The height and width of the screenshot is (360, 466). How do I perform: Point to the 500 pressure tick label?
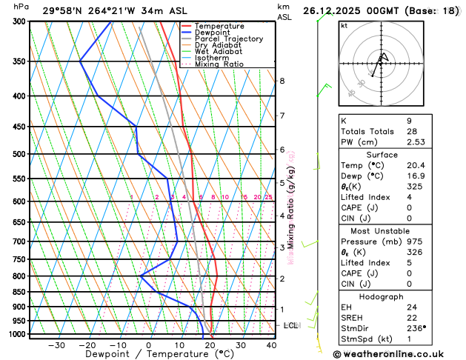(x=19, y=154)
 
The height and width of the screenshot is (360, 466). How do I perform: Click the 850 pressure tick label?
(x=19, y=292)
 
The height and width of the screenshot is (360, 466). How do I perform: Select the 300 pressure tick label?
(x=19, y=21)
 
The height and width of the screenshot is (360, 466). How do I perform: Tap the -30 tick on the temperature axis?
(x=56, y=345)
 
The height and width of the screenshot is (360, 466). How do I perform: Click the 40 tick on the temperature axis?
(x=272, y=345)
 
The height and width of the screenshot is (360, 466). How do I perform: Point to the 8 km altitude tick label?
(x=282, y=81)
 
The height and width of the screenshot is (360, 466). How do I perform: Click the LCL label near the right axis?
(x=291, y=325)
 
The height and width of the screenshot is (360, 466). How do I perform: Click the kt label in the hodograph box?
(x=344, y=25)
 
